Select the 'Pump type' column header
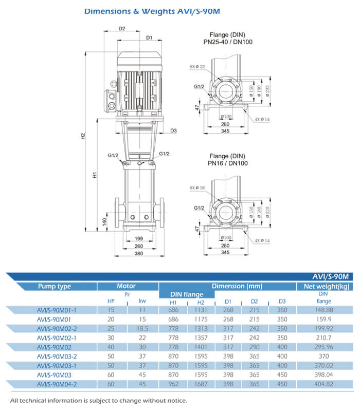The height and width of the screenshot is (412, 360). pyautogui.click(x=54, y=286)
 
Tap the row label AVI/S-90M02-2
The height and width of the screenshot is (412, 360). pyautogui.click(x=57, y=328)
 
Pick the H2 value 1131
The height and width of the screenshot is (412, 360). pyautogui.click(x=201, y=310)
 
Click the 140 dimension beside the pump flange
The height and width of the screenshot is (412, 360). pyautogui.click(x=104, y=221)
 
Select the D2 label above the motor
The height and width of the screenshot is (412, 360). pyautogui.click(x=122, y=29)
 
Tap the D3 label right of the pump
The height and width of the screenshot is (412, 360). pyautogui.click(x=173, y=130)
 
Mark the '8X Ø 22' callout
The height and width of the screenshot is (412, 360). pyautogui.click(x=197, y=67)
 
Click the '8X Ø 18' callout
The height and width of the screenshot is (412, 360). pyautogui.click(x=197, y=188)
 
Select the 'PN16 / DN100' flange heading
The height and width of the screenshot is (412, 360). pyautogui.click(x=227, y=163)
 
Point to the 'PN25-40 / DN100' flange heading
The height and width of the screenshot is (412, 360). pyautogui.click(x=227, y=42)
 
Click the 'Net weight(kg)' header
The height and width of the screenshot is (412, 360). pyautogui.click(x=326, y=286)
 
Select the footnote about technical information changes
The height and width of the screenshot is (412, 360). pyautogui.click(x=98, y=401)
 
